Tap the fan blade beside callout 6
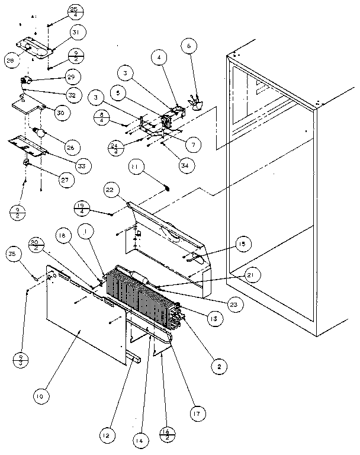(194, 104)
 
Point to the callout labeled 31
(78, 31)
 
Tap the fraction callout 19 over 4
(82, 207)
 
